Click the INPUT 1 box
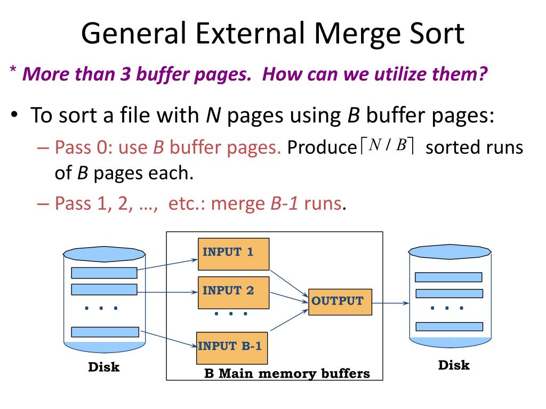pos(234,254)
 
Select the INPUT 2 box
pos(234,292)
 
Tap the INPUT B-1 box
pos(231,348)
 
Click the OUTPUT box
pos(340,301)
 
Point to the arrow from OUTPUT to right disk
pos(390,303)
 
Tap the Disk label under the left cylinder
pos(103,367)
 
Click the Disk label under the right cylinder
pos(454,365)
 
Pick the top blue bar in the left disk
pos(104,273)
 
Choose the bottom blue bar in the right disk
pos(448,326)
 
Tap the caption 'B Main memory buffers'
pos(287,373)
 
